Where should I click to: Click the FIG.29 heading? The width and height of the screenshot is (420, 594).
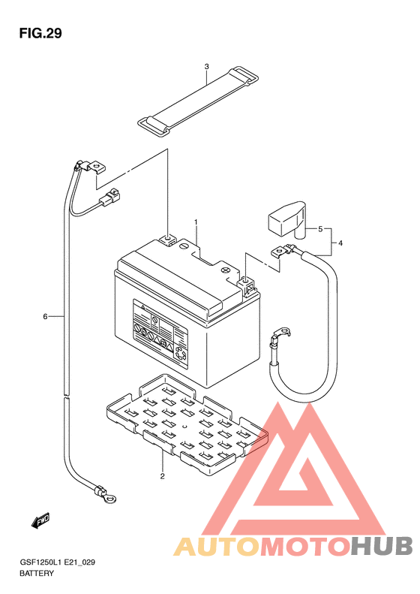pos(40,33)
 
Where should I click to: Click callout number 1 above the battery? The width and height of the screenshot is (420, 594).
pos(196,222)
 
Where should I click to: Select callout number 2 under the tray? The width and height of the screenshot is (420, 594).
pos(162,476)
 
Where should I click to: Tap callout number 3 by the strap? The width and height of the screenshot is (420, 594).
pos(206,67)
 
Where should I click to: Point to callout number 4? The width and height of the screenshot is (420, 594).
pos(340,243)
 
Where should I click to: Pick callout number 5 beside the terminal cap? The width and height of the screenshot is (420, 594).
pos(320,229)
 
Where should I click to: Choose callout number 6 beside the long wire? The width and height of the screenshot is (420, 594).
pos(45,316)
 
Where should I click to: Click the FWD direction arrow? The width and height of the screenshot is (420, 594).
pos(40,520)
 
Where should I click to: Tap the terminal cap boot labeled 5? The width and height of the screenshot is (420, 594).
pos(287,220)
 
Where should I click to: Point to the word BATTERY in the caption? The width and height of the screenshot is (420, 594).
pos(37,573)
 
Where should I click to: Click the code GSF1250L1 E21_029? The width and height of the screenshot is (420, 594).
pos(57,562)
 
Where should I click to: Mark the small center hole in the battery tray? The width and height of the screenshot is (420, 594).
pos(185,427)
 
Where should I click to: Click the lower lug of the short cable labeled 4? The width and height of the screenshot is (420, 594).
pos(280,333)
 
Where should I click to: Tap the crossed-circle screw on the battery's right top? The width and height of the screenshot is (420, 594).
pos(226,270)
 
